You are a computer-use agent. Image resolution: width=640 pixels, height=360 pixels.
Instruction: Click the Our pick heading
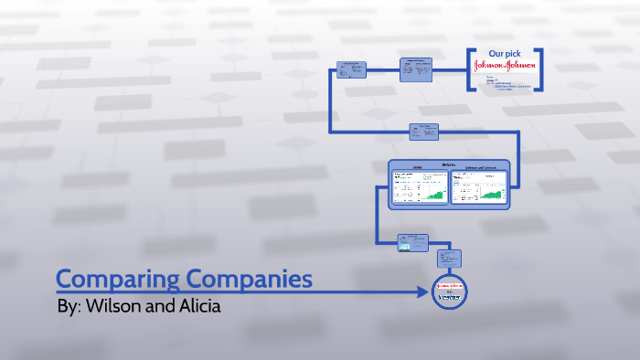click(x=505, y=54)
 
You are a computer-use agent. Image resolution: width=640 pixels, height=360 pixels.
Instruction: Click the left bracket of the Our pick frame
click(x=471, y=69)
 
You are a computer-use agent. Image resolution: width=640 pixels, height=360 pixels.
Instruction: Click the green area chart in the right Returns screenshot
click(x=494, y=194)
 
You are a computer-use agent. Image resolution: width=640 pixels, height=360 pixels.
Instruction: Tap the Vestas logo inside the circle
click(x=449, y=297)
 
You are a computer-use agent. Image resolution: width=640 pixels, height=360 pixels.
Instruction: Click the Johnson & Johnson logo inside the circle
click(x=449, y=285)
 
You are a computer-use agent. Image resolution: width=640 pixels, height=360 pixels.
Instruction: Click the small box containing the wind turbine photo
click(x=413, y=242)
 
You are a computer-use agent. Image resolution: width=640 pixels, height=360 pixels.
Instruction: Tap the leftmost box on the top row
click(x=352, y=69)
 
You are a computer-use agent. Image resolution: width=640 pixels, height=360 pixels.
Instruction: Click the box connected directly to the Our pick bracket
click(x=417, y=69)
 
